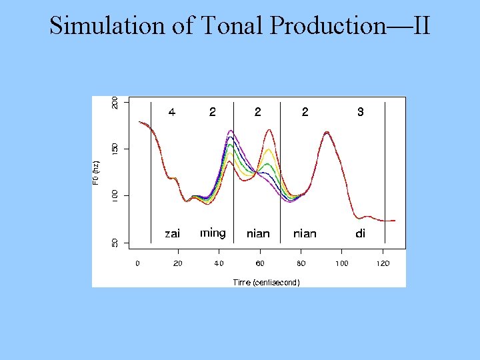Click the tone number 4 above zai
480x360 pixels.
[x=172, y=113]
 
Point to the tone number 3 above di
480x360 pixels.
[x=360, y=113]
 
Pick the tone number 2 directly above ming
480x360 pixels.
[x=212, y=113]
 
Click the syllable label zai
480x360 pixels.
[x=172, y=233]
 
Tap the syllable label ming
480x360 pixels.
[x=213, y=233]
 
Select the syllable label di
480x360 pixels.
[x=360, y=233]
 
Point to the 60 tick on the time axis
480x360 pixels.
[x=260, y=263]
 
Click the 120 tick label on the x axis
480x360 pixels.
[x=383, y=263]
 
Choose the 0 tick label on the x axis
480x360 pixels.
[x=137, y=263]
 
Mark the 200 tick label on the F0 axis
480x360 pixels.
[x=115, y=103]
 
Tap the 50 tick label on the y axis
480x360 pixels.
[x=115, y=243]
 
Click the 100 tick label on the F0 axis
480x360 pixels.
[x=115, y=195]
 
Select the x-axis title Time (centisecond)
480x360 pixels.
[x=266, y=283]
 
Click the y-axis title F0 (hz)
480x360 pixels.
[x=97, y=172]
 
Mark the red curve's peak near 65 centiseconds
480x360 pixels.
[x=269, y=130]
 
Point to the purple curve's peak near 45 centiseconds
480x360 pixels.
[x=231, y=131]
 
